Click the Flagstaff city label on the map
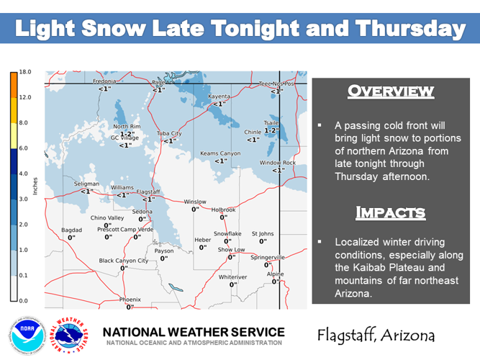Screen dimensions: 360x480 click(148, 192)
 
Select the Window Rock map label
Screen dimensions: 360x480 click(278, 163)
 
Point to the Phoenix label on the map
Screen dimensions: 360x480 click(130, 300)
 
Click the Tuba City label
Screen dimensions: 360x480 click(169, 134)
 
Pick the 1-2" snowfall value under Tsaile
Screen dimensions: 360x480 click(271, 131)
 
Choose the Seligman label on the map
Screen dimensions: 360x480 click(87, 184)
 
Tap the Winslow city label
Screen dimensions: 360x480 click(195, 202)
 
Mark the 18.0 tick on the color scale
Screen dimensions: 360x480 click(24, 72)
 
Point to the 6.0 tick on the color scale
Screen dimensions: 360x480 click(24, 148)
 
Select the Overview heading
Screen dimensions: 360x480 click(391, 91)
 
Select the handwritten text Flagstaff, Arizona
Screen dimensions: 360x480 click(375, 336)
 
